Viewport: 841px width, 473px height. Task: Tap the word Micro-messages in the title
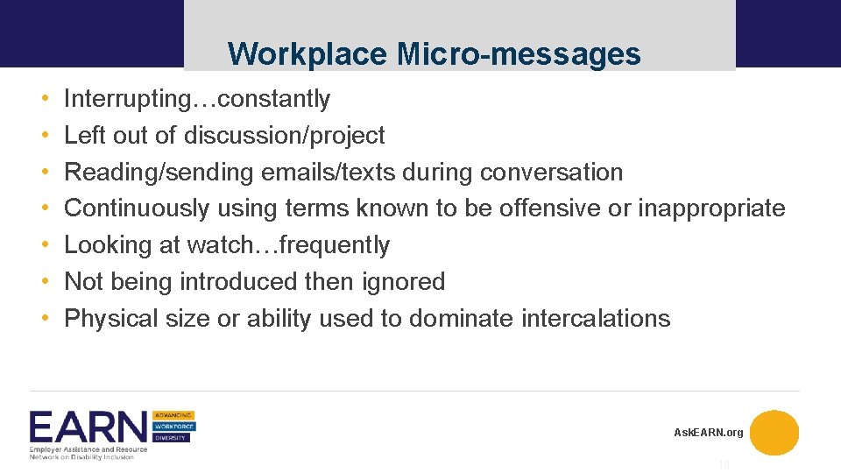[x=519, y=54]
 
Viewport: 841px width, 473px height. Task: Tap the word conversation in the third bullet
[x=551, y=173]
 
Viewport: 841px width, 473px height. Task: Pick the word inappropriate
[x=711, y=208]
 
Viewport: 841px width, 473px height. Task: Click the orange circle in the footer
[x=774, y=433]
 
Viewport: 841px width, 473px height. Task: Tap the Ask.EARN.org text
[x=708, y=433]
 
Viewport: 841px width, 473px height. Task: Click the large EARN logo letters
[x=88, y=428]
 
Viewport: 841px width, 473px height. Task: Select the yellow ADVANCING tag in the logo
[x=174, y=415]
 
